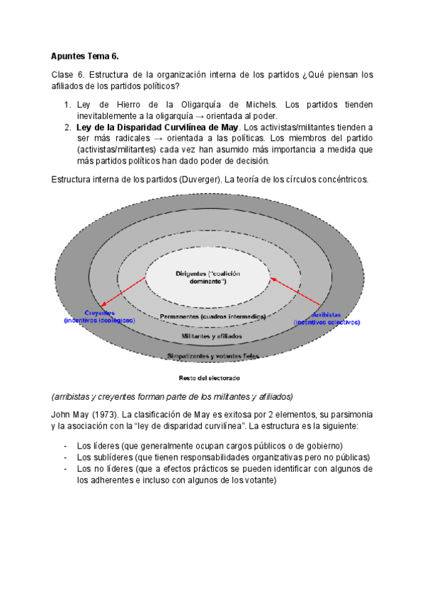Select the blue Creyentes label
point(94,313)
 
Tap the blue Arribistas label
point(327,313)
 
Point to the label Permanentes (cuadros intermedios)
point(212,316)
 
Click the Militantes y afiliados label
point(211,335)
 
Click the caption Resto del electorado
point(212,377)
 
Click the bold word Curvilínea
point(186,127)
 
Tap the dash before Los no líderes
point(65,468)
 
